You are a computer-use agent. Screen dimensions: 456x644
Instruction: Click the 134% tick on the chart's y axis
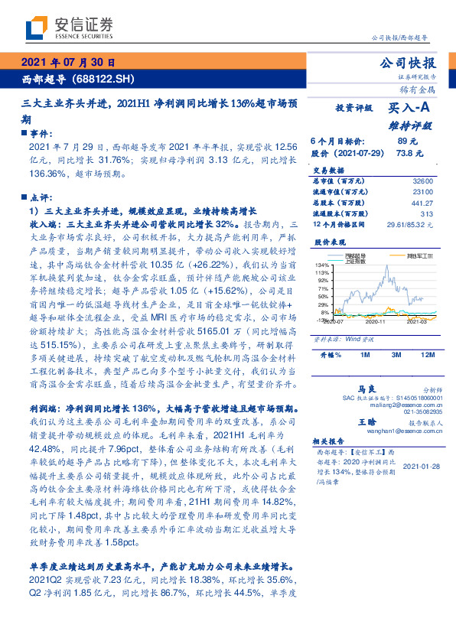pos(321,265)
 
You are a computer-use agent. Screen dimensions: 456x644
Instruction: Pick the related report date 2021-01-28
pos(419,466)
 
